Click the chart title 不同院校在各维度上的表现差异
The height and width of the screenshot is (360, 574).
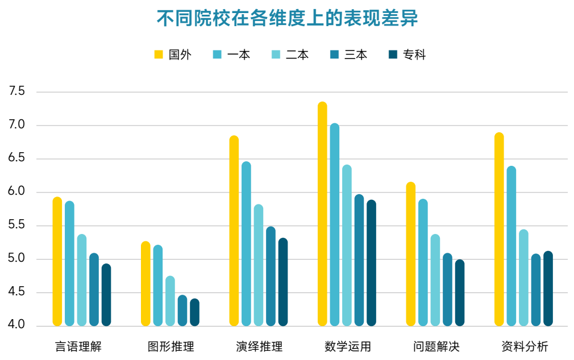[x=287, y=18]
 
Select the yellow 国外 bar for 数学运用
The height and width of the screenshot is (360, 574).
[x=322, y=214]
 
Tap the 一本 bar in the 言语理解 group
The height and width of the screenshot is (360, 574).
[x=69, y=263]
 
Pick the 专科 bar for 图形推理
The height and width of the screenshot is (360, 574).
[x=194, y=312]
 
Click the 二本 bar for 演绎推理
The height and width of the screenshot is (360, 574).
[x=259, y=265]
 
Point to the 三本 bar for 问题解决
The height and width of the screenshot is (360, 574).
[x=447, y=290]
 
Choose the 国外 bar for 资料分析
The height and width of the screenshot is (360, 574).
[x=499, y=229]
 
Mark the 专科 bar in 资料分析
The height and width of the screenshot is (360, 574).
[x=548, y=288]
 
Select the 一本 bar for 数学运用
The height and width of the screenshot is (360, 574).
[x=335, y=225]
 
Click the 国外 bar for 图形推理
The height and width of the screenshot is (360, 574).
[x=145, y=284]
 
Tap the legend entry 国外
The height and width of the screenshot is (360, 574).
[x=173, y=55]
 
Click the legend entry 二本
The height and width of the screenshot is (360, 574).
[x=290, y=55]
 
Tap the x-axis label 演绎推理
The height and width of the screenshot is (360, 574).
[x=259, y=346]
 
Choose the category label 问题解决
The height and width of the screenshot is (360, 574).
[x=435, y=346]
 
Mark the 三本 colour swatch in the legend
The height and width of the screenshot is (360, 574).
[x=334, y=55]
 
